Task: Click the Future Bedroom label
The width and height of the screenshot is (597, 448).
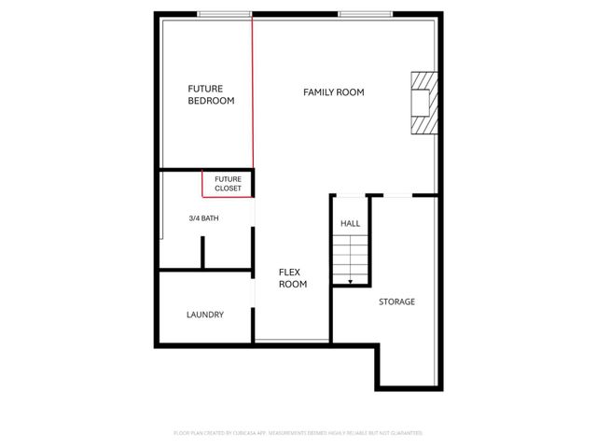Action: click(x=211, y=94)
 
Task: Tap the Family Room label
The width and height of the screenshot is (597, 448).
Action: click(x=333, y=92)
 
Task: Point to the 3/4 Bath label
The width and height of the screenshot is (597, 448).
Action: click(x=203, y=219)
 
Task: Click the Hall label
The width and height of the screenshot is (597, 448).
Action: click(x=350, y=224)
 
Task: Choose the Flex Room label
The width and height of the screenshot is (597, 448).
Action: click(x=293, y=278)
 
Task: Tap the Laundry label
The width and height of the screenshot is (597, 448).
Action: click(x=204, y=315)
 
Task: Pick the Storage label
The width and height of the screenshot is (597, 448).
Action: click(x=396, y=302)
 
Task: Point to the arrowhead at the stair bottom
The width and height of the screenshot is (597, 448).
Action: click(x=350, y=281)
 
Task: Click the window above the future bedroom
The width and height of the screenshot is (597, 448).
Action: click(x=225, y=14)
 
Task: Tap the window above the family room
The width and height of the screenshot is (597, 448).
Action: click(x=366, y=14)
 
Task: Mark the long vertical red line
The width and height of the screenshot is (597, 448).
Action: click(x=253, y=93)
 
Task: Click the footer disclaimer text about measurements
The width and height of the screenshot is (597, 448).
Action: click(x=298, y=433)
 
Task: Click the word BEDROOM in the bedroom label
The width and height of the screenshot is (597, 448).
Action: click(x=211, y=101)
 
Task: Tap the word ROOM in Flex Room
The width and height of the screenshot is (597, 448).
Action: click(x=293, y=284)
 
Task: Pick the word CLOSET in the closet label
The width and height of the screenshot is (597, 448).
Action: click(x=228, y=189)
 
